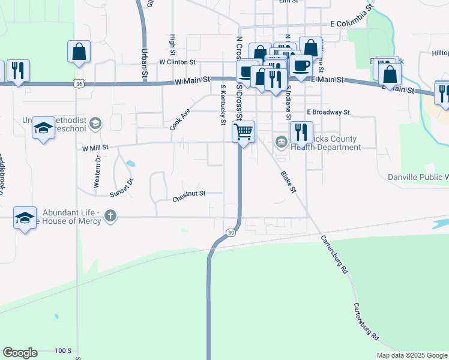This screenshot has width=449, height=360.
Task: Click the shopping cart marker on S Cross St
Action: [244, 131]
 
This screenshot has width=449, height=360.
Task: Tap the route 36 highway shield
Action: [79, 85]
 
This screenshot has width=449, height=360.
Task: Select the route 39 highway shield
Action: [231, 233]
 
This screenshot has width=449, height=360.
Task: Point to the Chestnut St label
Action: [189, 194]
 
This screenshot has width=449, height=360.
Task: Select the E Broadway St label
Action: [328, 112]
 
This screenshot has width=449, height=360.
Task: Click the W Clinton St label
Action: [177, 62]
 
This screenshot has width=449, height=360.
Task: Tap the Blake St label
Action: [289, 182]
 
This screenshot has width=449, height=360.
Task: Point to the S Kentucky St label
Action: [223, 105]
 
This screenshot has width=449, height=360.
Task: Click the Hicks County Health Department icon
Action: [281, 142]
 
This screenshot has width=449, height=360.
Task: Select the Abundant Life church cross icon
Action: [109, 216]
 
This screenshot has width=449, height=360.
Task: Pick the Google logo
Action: [20, 353]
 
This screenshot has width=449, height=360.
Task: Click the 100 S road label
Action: [63, 350]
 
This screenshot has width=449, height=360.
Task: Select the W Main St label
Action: [192, 79]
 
